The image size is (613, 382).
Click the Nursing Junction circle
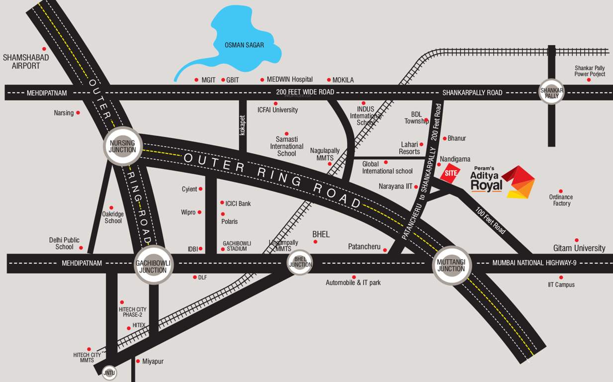[122, 147]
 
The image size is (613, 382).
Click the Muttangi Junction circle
[451, 266]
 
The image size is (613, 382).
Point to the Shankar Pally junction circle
[552, 92]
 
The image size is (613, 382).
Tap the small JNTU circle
[109, 373]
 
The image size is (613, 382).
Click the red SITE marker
[450, 173]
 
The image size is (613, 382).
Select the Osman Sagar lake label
[244, 45]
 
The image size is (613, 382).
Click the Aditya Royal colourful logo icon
[518, 182]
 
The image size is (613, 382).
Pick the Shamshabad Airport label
[26, 61]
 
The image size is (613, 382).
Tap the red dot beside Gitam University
[577, 240]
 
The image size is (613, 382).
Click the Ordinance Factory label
[560, 200]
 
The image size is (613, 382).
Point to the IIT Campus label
[561, 285]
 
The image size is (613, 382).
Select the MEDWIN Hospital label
[289, 80]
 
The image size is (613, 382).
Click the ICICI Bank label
[238, 203]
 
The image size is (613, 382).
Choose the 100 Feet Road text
[490, 221]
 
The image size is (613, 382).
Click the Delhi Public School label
[64, 243]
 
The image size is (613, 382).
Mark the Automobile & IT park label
[353, 283]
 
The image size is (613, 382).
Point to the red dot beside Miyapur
[138, 361]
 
